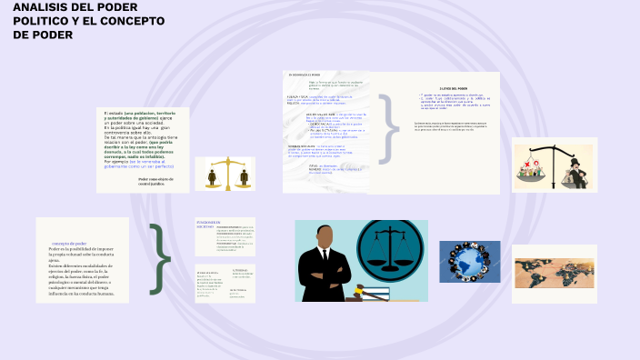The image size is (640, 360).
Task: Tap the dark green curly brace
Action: [x=161, y=259]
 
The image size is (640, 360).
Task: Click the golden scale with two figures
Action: [x=226, y=174]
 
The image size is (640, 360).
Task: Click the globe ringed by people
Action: [x=469, y=263]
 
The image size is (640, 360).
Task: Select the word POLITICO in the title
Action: [x=42, y=21]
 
